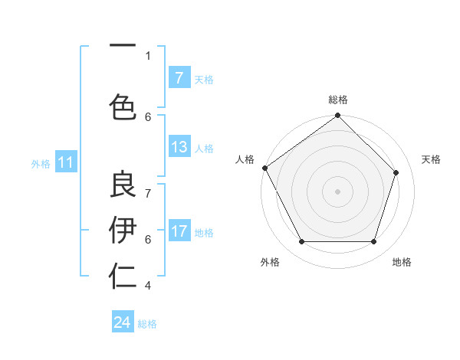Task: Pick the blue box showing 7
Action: click(179, 78)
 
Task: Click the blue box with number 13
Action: click(179, 147)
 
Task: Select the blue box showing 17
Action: click(179, 231)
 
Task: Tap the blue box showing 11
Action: click(66, 162)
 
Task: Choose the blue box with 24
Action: click(123, 322)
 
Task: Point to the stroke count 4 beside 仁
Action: click(148, 286)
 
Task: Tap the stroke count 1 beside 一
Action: click(148, 55)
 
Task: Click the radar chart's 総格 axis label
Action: click(338, 100)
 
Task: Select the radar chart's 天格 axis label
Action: click(431, 159)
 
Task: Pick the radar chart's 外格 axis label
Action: click(270, 262)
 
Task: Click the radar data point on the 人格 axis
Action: click(265, 168)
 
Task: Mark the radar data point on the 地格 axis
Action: click(373, 242)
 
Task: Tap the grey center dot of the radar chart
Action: click(337, 191)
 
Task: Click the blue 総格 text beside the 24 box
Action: click(148, 324)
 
